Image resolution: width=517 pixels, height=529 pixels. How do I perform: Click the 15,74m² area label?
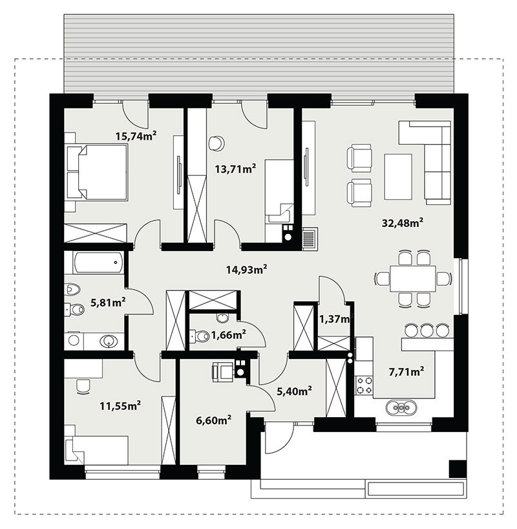point(136,136)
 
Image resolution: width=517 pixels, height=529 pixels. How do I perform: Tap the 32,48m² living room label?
point(403,222)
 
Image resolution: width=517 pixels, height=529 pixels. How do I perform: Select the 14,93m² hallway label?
point(247,269)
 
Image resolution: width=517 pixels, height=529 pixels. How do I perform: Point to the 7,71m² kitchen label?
point(406,372)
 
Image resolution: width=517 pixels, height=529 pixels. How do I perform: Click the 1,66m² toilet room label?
point(228,335)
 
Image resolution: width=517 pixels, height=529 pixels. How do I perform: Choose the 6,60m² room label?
point(213,420)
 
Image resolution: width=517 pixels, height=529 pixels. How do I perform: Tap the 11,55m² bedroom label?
point(120,405)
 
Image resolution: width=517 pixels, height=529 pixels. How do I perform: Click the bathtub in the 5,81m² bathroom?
point(98,263)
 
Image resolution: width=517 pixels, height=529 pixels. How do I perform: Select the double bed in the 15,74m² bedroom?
point(96,172)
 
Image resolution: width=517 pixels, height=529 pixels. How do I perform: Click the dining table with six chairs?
point(413,279)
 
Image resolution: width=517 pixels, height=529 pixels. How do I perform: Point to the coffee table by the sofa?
point(398,177)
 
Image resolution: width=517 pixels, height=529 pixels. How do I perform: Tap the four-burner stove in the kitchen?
point(365,385)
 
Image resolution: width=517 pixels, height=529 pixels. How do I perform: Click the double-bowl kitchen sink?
point(401,407)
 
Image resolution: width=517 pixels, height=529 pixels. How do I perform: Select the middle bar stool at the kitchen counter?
point(427,330)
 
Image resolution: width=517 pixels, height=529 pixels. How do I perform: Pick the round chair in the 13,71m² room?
point(216,144)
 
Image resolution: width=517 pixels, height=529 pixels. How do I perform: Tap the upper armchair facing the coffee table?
point(359,157)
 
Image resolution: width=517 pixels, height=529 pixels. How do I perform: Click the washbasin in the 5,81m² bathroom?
point(108,340)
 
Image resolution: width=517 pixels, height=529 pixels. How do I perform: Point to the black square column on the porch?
point(458,469)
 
